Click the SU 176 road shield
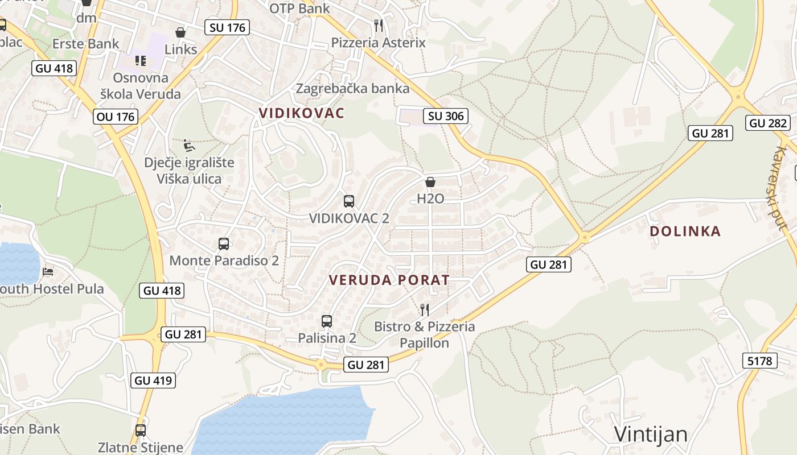click(227, 27)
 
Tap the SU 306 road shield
click(446, 117)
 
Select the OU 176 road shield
click(116, 117)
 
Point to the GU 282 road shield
click(769, 123)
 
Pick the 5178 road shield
click(760, 361)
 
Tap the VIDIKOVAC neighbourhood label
click(302, 113)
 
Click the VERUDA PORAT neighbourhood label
click(389, 280)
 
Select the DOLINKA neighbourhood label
click(685, 231)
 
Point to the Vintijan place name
click(651, 435)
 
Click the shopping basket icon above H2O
click(430, 182)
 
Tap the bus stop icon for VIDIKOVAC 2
click(349, 201)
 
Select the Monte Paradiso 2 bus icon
click(224, 244)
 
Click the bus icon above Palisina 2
click(327, 321)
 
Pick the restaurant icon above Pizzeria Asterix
click(379, 25)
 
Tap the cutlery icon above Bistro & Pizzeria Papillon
click(425, 309)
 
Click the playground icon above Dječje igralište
click(189, 146)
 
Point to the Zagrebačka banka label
click(352, 88)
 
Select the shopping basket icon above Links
click(180, 32)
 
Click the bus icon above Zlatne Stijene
click(141, 431)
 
